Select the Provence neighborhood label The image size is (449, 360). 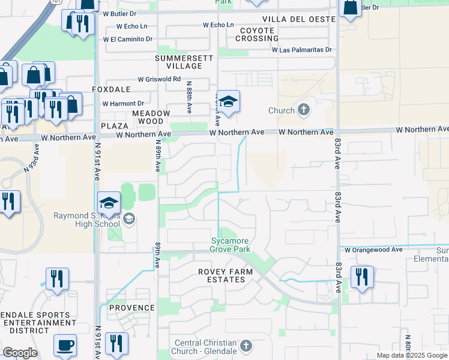point(132,308)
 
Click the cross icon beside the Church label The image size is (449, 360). point(304,110)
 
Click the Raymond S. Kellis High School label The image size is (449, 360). point(86,220)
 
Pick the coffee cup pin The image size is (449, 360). point(65,346)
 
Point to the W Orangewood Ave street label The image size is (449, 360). point(372,249)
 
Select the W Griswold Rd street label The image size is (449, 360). point(159,79)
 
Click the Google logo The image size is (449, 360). point(20,353)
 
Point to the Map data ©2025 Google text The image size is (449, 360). point(412,355)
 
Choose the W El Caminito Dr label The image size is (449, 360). point(128,39)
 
